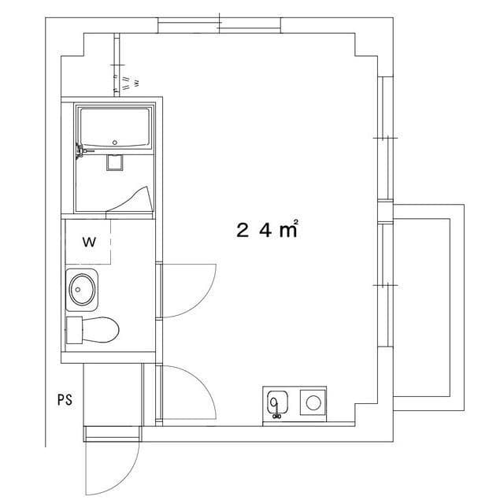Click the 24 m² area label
tap(267, 230)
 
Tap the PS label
tap(65, 399)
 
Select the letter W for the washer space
tap(89, 243)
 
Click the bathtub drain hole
tap(115, 143)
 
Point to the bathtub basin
tap(114, 128)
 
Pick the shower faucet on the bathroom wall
tap(79, 150)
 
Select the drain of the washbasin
tap(79, 288)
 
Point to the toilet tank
tap(75, 330)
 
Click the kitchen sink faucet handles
tap(276, 416)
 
